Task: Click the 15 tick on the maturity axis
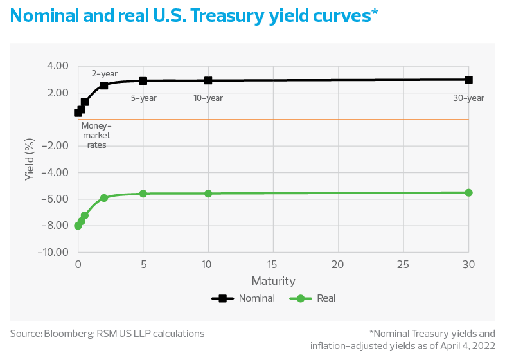pyautogui.click(x=273, y=264)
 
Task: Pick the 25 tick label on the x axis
pyautogui.click(x=403, y=264)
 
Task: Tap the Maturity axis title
pyautogui.click(x=273, y=281)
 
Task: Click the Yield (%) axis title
pyautogui.click(x=29, y=159)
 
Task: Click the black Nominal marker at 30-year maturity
pyautogui.click(x=468, y=80)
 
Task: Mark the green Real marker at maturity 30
pyautogui.click(x=468, y=193)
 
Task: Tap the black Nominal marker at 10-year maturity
pyautogui.click(x=208, y=81)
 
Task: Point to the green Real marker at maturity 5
pyautogui.click(x=143, y=194)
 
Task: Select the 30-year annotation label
pyautogui.click(x=469, y=98)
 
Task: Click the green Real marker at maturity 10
pyautogui.click(x=208, y=194)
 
